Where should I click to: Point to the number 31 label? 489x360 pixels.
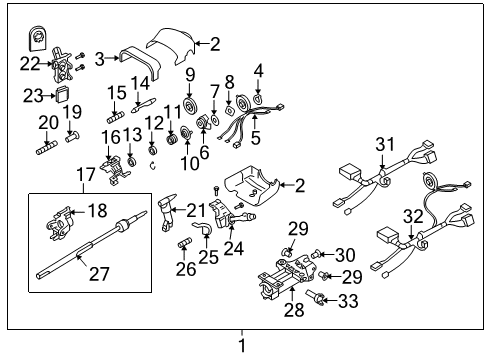(x=385, y=145)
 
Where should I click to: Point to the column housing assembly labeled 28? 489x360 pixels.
(x=282, y=283)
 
